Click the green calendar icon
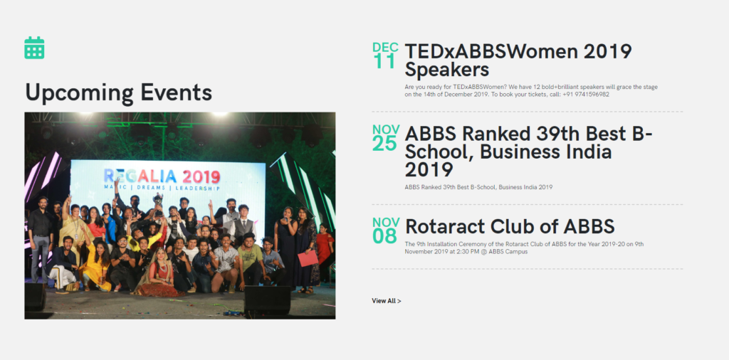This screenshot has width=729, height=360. tap(34, 48)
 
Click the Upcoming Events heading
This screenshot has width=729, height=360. tap(119, 92)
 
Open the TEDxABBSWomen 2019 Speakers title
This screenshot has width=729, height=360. tap(518, 60)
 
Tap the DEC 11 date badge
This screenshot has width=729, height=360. tap(385, 55)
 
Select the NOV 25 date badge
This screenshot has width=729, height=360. tap(385, 137)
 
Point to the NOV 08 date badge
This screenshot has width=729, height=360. tap(385, 231)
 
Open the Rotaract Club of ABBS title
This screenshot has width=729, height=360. tap(510, 226)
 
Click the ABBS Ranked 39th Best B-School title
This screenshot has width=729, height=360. tap(528, 152)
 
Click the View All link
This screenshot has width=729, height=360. tap(387, 300)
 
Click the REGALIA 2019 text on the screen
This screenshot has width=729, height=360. tap(162, 176)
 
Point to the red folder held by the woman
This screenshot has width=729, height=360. tap(308, 258)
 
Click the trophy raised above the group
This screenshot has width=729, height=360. tap(158, 203)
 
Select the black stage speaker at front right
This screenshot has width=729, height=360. tap(267, 300)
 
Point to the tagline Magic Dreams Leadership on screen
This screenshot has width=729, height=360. tap(162, 189)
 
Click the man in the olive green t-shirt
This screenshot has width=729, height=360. tap(251, 260)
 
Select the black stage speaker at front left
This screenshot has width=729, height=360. tap(36, 297)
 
